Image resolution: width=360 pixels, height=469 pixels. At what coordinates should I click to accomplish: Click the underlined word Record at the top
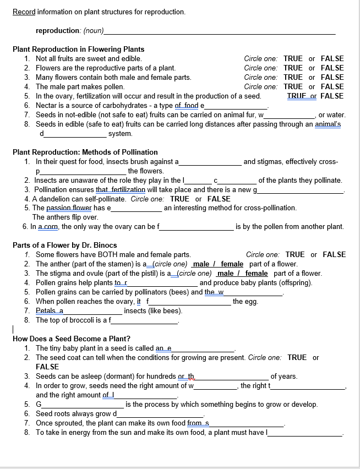pos(24,12)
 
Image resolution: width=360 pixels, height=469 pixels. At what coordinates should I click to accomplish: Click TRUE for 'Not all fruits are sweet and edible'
pos(293,58)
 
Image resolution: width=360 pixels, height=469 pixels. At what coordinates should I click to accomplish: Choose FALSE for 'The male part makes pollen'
pos(332,86)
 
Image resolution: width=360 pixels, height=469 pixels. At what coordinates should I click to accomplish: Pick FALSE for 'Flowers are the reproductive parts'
pos(332,68)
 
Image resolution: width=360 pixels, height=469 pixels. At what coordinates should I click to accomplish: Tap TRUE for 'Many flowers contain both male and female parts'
pos(293,77)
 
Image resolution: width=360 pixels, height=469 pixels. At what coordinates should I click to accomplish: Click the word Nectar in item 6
pos(47,105)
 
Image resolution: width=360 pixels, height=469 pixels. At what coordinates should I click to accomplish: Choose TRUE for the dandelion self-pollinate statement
pos(179,199)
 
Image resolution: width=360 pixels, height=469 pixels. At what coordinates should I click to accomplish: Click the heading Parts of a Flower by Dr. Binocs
pos(64,245)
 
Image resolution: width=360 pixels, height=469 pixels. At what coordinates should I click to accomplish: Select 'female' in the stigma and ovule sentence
pos(256,274)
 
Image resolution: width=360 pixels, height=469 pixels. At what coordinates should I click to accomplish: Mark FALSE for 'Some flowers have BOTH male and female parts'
pos(334,254)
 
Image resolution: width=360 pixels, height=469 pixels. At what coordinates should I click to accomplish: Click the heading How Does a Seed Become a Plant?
pos(71,339)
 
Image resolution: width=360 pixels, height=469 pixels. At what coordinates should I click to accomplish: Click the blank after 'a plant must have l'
pos(306,433)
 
